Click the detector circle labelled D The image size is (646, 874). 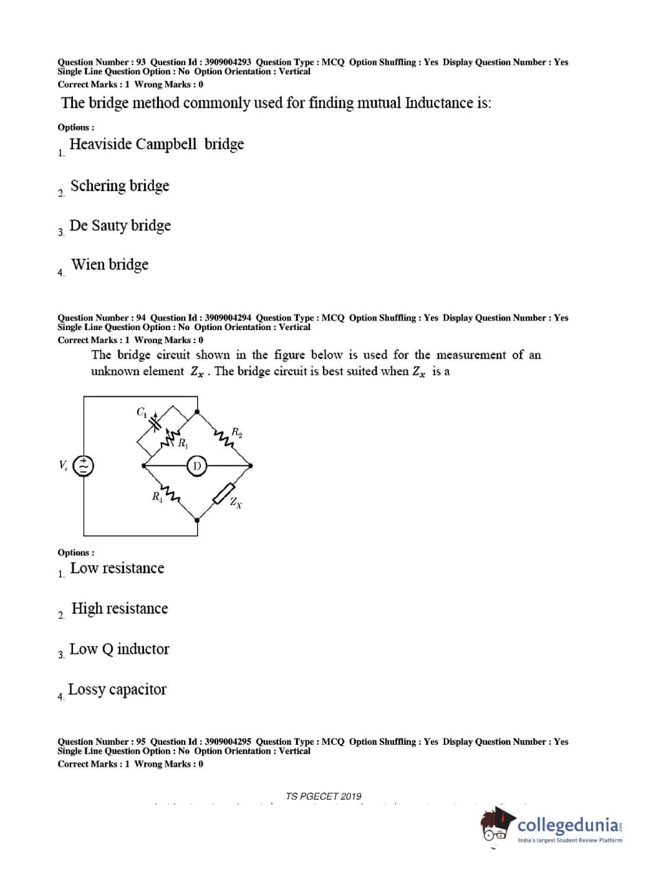(x=197, y=465)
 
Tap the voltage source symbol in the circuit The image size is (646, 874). (x=83, y=465)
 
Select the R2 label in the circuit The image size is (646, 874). (x=236, y=432)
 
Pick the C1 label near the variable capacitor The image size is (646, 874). (x=141, y=411)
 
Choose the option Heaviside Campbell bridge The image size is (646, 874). (x=156, y=144)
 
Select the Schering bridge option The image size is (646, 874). (x=120, y=186)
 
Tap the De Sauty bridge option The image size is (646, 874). (x=120, y=225)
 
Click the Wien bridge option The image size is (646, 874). (x=110, y=265)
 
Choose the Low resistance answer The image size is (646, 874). (x=117, y=568)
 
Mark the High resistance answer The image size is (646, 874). (x=120, y=609)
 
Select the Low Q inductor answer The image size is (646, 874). (x=120, y=649)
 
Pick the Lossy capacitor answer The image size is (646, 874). (x=117, y=690)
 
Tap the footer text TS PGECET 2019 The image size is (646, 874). (x=324, y=796)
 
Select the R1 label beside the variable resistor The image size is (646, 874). (x=183, y=443)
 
